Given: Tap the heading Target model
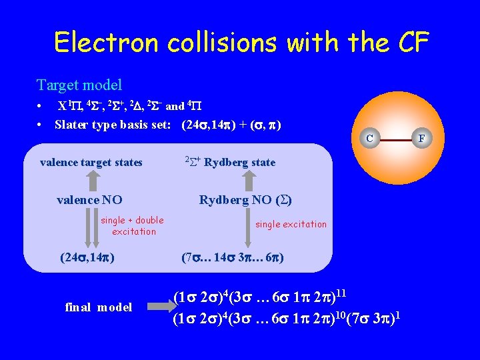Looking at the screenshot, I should pos(79,85).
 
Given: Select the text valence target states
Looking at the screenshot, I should pos(91,162).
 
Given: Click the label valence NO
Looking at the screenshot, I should pos(89,199).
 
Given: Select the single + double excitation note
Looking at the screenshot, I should pos(132,226).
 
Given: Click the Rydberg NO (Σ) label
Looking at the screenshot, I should pos(245,200).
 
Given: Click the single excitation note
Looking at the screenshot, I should pos(291,224).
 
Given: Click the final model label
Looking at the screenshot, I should pos(99,307).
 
